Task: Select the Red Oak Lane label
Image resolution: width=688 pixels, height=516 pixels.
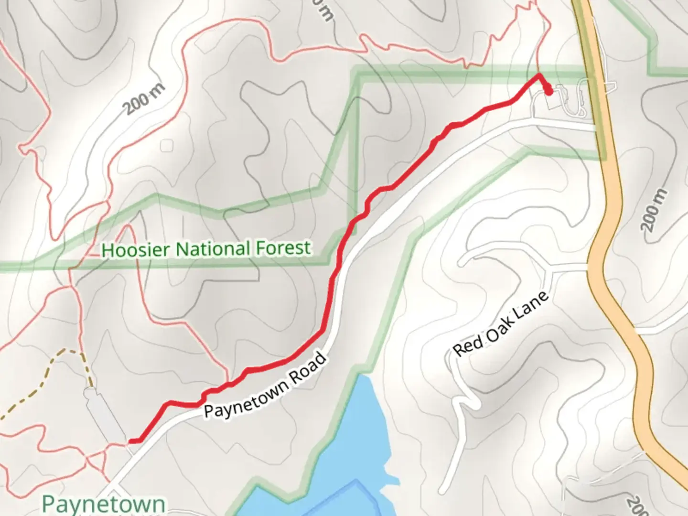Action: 500,324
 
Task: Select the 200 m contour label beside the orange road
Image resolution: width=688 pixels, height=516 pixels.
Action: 654,210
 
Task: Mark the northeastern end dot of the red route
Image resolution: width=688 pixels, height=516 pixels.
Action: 548,90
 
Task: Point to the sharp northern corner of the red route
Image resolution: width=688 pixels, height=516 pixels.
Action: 539,75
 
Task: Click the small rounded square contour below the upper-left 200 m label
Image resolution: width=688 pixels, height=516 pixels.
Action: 167,145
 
